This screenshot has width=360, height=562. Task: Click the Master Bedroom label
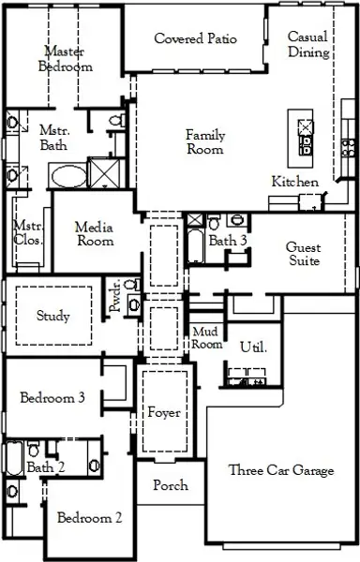coord(65,59)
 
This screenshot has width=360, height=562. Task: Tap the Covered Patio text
coord(195,39)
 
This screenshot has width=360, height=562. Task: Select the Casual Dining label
coord(307,45)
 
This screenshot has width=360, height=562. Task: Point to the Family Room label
coord(204,142)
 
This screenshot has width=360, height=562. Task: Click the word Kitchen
coord(295,181)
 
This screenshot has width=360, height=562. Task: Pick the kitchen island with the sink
coord(305,135)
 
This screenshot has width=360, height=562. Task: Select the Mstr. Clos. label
coord(24,232)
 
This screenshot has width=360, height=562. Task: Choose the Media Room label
coord(94,233)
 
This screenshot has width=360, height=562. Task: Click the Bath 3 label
coord(228,241)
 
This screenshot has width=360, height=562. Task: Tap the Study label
coord(53,316)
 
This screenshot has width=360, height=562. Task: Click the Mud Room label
coord(206,338)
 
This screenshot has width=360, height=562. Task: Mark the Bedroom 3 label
coord(53,398)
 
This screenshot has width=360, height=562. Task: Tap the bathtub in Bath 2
coord(13,458)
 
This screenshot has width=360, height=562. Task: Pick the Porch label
coord(170,485)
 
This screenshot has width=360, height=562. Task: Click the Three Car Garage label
coord(281,471)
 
